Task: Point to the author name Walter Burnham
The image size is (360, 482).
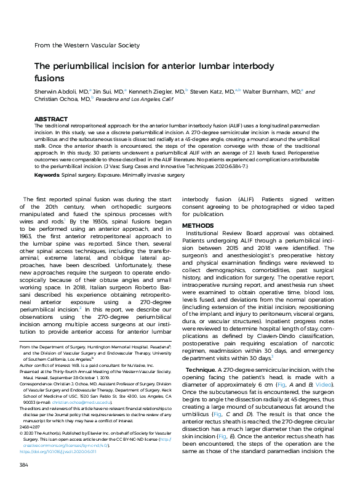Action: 268,90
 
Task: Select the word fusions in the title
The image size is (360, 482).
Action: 49,78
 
